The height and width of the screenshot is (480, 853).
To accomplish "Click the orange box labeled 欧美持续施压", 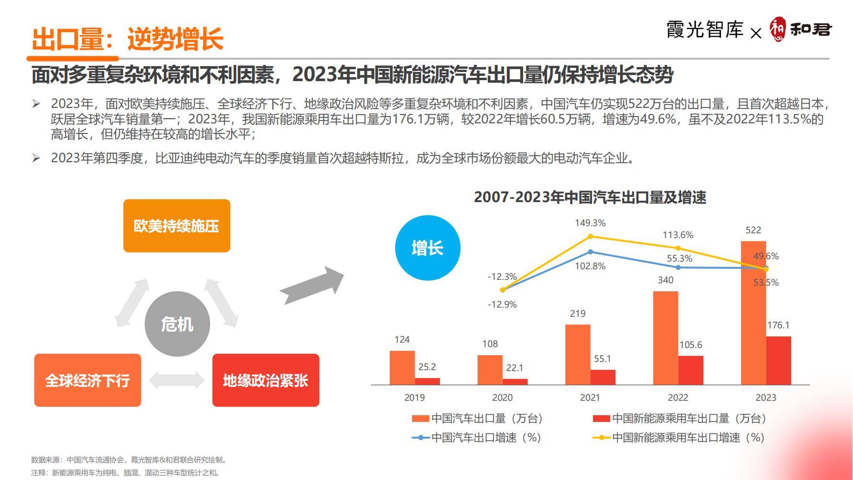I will coord(177,226).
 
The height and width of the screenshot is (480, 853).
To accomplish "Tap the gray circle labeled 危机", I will coord(177,324).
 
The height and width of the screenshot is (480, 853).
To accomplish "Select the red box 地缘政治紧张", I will coord(265,380).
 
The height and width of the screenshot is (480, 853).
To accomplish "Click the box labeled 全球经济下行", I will coord(87,380).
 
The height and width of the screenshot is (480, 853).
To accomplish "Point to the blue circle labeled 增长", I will coord(427,248).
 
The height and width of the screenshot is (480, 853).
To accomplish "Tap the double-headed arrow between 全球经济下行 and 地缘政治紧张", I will coord(177,380).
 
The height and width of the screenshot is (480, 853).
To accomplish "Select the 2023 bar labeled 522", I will coord(753,312).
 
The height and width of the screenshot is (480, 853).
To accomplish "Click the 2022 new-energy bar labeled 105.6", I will coord(690,370).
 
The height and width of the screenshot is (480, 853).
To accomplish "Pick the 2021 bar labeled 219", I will coord(578,354).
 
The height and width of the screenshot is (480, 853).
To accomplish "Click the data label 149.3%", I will coord(590,223).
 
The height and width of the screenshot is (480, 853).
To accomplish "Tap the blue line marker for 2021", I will coord(590,252).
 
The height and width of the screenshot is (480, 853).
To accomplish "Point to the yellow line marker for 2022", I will coord(678,248).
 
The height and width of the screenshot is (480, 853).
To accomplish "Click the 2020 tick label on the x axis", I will coord(502,397).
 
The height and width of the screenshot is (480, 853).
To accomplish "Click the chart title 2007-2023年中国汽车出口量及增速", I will coord(590,197).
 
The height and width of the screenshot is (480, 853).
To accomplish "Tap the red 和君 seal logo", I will coord(778,29).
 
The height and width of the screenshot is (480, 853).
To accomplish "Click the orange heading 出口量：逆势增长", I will coord(128,39).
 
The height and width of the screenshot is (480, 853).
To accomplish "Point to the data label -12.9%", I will coord(502,304).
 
